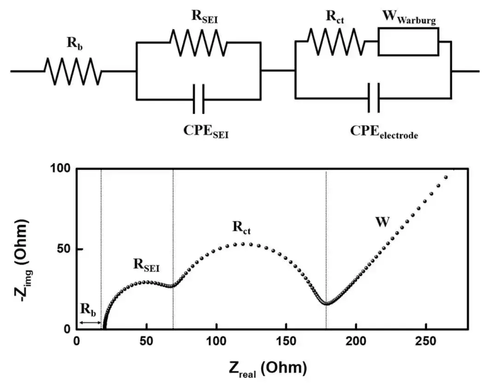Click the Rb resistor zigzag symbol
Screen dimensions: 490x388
(x=73, y=71)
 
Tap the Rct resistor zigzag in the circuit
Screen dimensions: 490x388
(x=336, y=42)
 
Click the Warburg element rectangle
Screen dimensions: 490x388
(x=408, y=41)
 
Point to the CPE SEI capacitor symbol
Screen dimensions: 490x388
(x=199, y=99)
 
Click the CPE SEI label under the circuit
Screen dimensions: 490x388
(x=206, y=131)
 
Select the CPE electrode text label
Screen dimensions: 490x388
(x=384, y=131)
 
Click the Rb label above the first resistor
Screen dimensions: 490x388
(x=75, y=43)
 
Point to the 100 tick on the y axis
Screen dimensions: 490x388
(x=61, y=169)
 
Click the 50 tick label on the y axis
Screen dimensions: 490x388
(x=65, y=249)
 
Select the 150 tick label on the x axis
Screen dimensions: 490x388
(x=286, y=341)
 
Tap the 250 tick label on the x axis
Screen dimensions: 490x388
(x=426, y=341)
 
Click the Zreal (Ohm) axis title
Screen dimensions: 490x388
(x=268, y=369)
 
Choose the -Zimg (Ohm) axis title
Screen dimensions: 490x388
(x=23, y=261)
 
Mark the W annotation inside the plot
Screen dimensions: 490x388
(x=382, y=222)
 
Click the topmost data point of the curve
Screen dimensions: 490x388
(x=446, y=177)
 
